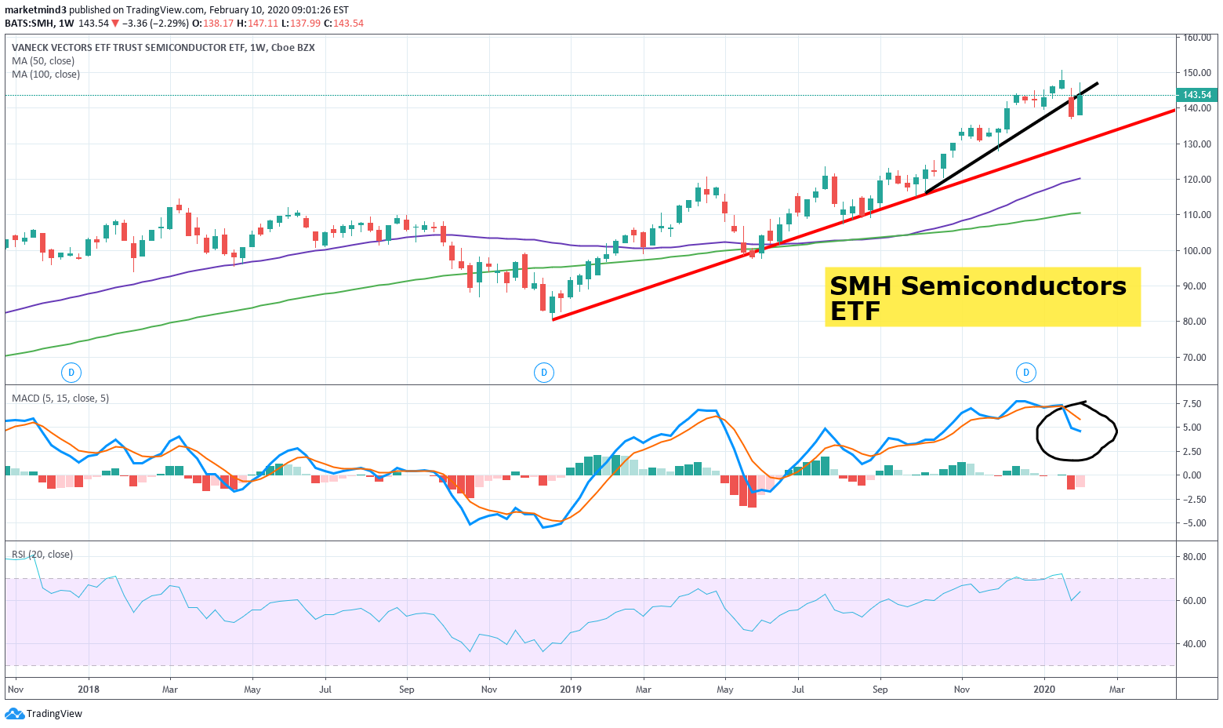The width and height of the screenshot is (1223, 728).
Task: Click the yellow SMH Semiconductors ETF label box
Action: [x=982, y=297]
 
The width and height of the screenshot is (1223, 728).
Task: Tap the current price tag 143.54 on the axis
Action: [x=1196, y=95]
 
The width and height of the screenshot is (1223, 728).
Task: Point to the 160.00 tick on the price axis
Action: [x=1197, y=38]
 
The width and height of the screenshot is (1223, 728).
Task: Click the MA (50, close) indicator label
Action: [x=43, y=61]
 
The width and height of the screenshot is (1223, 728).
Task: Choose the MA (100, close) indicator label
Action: [x=45, y=75]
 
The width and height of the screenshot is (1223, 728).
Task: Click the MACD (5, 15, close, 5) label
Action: [x=60, y=399]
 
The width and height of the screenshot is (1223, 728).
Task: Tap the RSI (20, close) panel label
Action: [x=42, y=555]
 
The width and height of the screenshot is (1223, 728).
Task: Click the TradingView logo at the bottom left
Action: [x=44, y=714]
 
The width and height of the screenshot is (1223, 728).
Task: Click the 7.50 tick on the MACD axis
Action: [x=1192, y=404]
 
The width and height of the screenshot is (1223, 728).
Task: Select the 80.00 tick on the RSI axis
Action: [x=1195, y=557]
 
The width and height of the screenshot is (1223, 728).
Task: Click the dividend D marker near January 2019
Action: [x=544, y=373]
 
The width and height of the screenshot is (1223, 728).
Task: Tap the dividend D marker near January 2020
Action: [x=1025, y=373]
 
